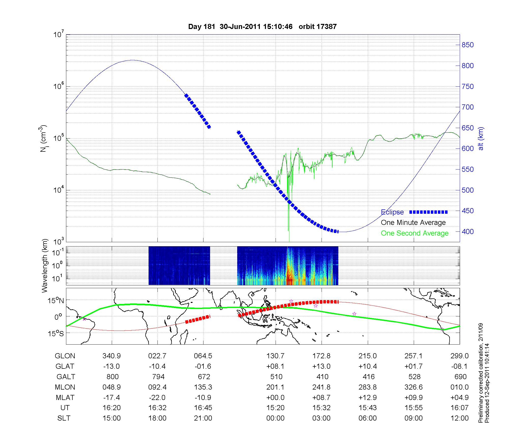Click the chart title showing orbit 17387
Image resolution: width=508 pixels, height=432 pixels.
tap(262, 27)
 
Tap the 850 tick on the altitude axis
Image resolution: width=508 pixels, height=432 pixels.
tap(468, 45)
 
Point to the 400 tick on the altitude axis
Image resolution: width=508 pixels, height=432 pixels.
tap(468, 232)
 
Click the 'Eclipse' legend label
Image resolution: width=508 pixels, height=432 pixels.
tap(392, 212)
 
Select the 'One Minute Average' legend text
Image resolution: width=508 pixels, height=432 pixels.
tap(413, 223)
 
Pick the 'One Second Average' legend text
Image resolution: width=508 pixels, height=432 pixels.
tap(415, 233)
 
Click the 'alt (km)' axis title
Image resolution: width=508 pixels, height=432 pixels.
tap(481, 138)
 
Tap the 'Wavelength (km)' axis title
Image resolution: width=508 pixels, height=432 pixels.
tap(45, 266)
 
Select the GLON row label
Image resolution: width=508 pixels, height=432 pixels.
tap(65, 356)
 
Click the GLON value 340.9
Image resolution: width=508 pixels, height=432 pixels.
tap(112, 356)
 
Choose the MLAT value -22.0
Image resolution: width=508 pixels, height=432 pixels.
tap(157, 397)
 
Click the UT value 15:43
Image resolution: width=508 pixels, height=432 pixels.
tap(368, 408)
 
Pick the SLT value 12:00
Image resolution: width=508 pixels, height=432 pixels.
tap(460, 418)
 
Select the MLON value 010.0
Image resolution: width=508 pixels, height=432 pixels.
tap(460, 387)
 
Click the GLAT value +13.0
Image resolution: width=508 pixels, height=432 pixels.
tap(321, 366)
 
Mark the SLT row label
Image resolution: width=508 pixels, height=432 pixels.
tap(64, 418)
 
